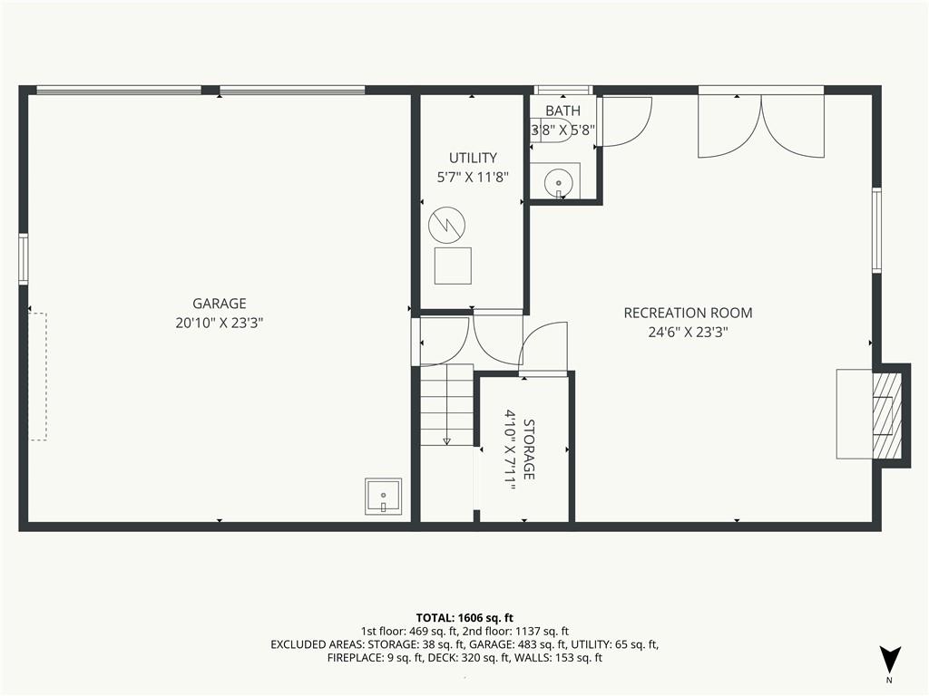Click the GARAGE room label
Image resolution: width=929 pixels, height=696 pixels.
click(x=220, y=304)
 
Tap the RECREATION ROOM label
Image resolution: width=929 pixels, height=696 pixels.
click(x=688, y=313)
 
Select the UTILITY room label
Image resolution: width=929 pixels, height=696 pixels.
click(x=473, y=158)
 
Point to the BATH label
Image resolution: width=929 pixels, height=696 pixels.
click(x=562, y=111)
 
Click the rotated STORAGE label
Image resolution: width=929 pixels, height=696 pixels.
click(x=529, y=449)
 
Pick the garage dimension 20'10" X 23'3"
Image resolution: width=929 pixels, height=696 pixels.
click(x=220, y=324)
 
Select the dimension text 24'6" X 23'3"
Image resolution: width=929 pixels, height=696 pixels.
click(x=688, y=332)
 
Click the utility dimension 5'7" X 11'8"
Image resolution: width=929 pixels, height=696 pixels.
click(x=473, y=177)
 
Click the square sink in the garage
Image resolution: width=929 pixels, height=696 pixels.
click(x=384, y=496)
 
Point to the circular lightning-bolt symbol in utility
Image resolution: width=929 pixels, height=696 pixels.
click(x=446, y=225)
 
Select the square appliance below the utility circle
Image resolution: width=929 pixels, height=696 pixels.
click(x=454, y=266)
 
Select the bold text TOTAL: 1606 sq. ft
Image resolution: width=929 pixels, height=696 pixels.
click(x=464, y=618)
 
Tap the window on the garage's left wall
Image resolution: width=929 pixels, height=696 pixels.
click(x=23, y=258)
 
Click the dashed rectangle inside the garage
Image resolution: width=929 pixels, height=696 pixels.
click(x=38, y=376)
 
